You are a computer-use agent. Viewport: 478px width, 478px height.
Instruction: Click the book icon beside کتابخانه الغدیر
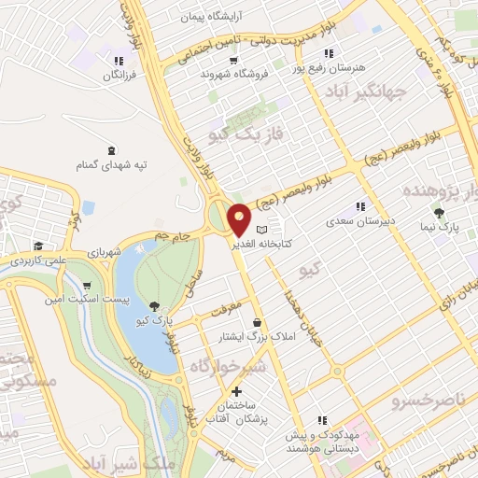click(262, 229)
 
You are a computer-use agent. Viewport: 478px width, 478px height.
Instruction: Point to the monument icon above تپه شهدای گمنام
click(112, 150)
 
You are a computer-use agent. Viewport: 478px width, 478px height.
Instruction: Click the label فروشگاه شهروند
click(225, 73)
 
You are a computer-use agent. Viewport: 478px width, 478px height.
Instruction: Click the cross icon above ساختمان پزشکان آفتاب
click(237, 391)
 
